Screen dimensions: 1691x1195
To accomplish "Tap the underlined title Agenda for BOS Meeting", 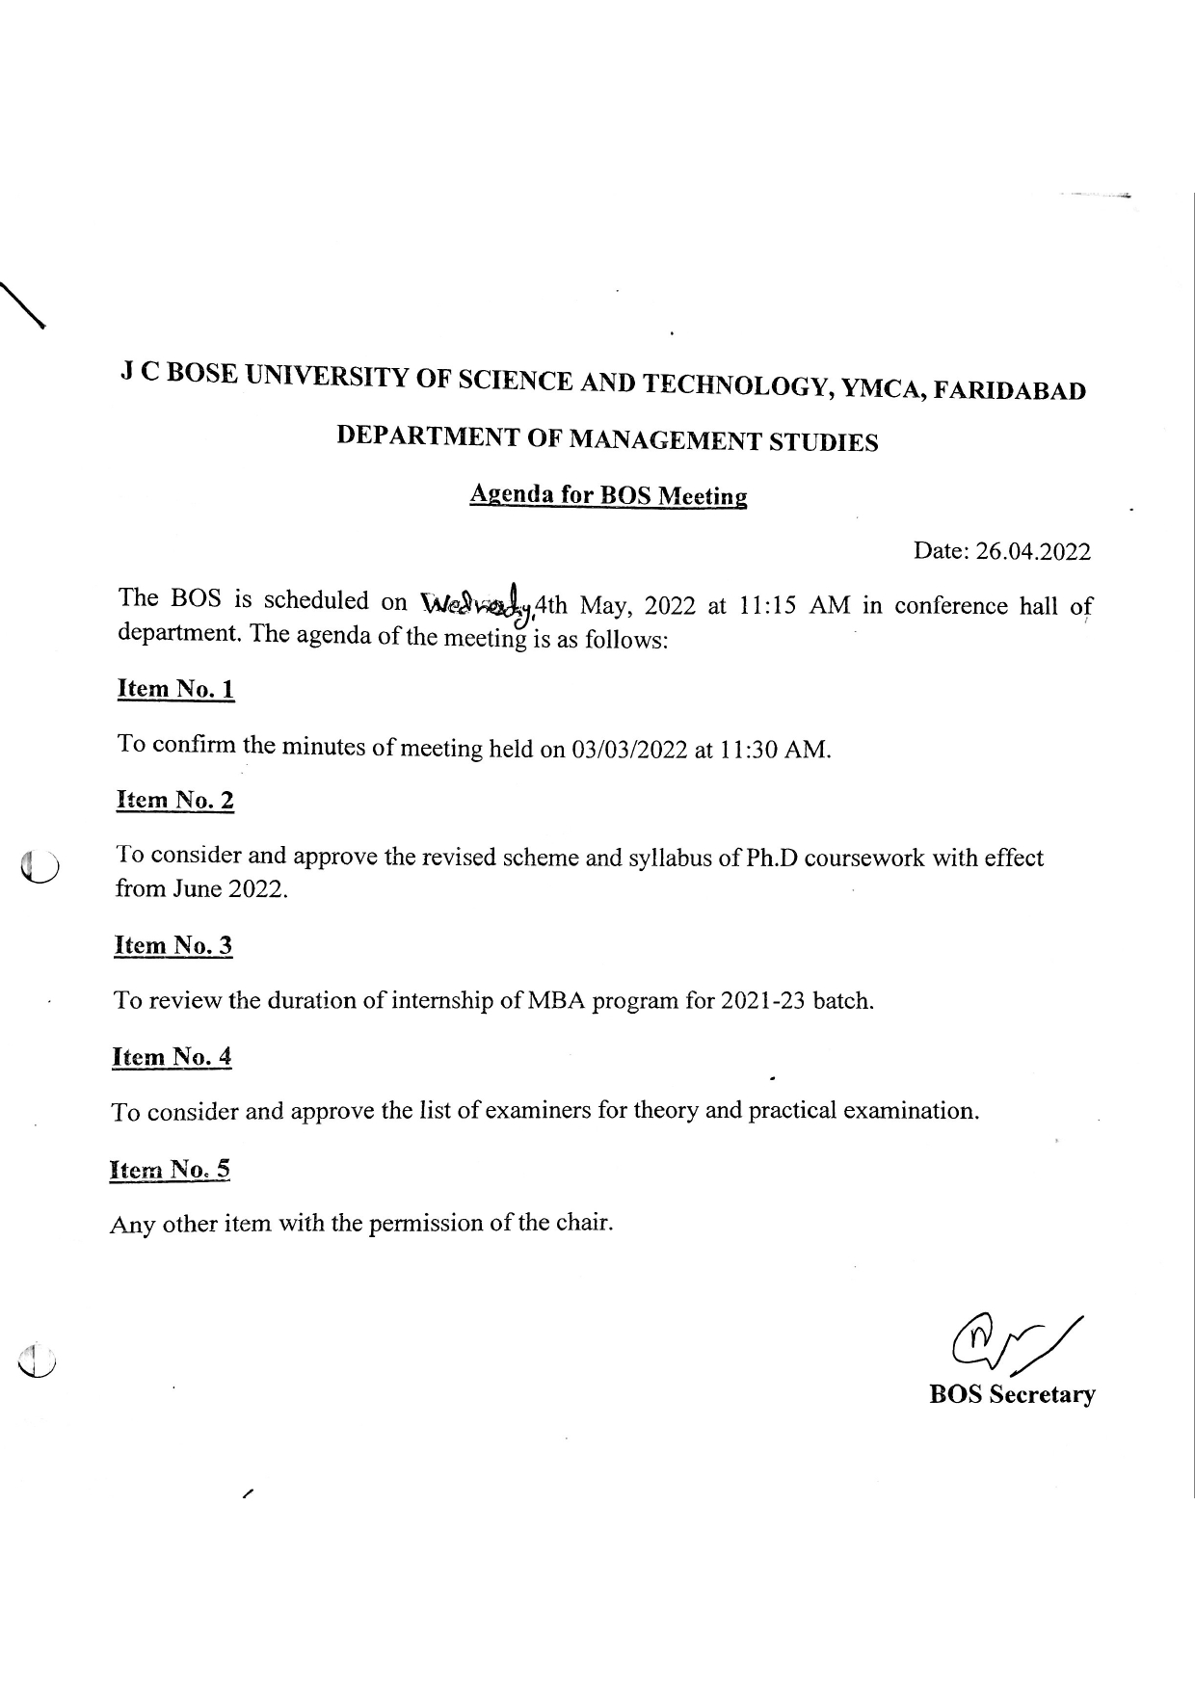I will click(x=608, y=495).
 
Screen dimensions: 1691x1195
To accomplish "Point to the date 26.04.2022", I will click(x=1033, y=551).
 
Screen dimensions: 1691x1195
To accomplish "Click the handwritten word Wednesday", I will click(x=477, y=604).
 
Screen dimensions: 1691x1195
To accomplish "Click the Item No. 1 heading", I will click(x=175, y=689).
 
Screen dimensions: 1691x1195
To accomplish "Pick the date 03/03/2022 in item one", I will click(x=628, y=750).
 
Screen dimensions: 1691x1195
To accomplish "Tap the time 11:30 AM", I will click(x=774, y=750).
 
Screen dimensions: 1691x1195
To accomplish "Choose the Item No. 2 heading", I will click(x=175, y=801).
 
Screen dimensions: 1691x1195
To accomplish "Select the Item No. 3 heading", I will click(x=173, y=945).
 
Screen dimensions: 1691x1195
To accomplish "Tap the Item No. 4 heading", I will click(x=173, y=1057).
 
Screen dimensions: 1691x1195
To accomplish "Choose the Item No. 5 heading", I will click(x=171, y=1170).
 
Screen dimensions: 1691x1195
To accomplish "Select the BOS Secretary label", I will click(x=1012, y=1394).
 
